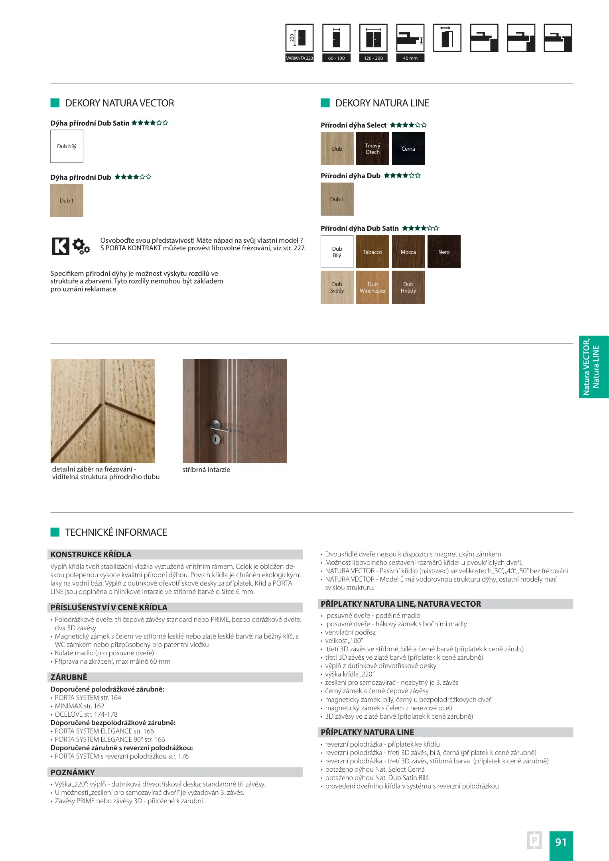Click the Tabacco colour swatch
[x=372, y=252]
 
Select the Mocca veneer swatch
[x=408, y=252]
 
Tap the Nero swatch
[x=443, y=252]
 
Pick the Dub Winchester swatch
[x=372, y=287]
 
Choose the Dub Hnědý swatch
[x=408, y=287]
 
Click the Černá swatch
[x=408, y=148]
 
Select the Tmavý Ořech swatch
[x=372, y=148]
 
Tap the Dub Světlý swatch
[x=337, y=287]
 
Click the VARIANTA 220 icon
[x=300, y=38]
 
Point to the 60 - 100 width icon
[x=336, y=38]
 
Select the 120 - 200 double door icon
[x=373, y=38]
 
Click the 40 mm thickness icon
[x=410, y=38]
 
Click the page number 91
[x=561, y=842]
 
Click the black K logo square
[x=61, y=246]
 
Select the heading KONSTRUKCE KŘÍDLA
[x=91, y=554]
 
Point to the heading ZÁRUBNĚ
[x=69, y=677]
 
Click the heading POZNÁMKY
[x=73, y=772]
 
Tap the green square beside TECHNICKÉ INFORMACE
[x=55, y=532]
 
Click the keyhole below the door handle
[x=216, y=439]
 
